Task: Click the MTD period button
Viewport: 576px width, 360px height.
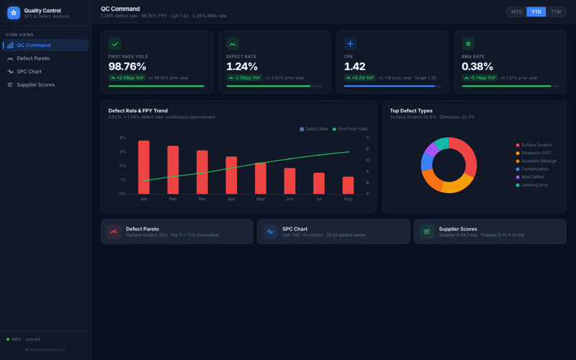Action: tap(516, 12)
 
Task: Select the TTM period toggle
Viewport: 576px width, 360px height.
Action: tap(556, 12)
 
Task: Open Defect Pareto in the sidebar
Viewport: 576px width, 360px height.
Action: tap(33, 58)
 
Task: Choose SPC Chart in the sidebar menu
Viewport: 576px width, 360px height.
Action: tap(29, 71)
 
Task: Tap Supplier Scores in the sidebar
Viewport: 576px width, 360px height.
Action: tap(35, 85)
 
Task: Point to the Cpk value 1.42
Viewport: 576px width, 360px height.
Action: tap(354, 67)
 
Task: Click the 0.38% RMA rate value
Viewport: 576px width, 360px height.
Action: tap(477, 67)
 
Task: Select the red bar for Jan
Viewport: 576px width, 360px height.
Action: tap(144, 167)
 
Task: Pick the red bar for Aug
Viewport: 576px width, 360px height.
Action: tap(348, 185)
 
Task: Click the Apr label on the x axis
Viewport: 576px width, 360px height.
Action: tap(231, 199)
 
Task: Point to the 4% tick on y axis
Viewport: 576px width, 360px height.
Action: tap(122, 138)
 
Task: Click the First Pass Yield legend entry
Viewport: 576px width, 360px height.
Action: tap(352, 129)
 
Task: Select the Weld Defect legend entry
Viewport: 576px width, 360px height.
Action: tap(532, 177)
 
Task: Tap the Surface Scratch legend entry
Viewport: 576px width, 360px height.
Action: tap(536, 145)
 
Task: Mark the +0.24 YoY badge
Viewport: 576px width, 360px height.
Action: tap(360, 78)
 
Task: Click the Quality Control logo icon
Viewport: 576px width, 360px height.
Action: tap(13, 12)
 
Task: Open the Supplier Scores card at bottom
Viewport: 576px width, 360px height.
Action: tap(490, 232)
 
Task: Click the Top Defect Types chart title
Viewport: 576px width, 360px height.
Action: tap(411, 111)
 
